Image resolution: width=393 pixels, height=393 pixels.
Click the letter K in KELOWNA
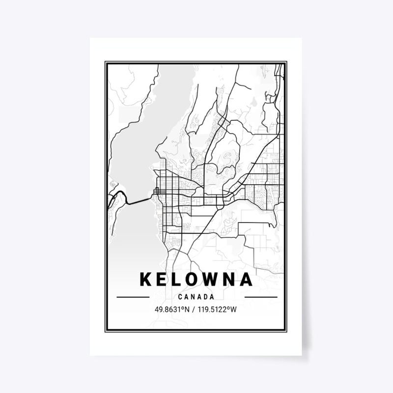pos(146,280)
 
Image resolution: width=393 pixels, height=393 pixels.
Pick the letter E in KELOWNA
pos(160,280)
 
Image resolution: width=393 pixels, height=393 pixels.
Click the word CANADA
pos(196,297)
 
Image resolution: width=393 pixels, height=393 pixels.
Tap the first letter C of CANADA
pos(181,297)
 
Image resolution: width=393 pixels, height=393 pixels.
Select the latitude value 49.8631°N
pos(172,310)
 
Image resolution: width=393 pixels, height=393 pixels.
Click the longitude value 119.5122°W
pos(217,310)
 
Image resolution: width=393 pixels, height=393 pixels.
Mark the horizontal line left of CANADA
pos(133,297)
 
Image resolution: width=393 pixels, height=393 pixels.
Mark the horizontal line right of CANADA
pos(261,297)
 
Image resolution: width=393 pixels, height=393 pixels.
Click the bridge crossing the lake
pos(140,200)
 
